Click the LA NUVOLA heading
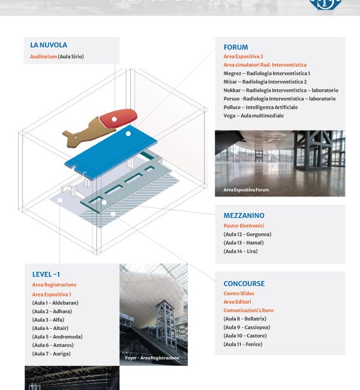(49, 45)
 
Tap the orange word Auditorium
(43, 56)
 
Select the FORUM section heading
(235, 47)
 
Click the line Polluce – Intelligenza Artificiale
(260, 107)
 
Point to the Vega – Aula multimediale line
(253, 116)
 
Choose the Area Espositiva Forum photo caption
(246, 190)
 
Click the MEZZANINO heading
(244, 215)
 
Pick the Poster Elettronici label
(244, 226)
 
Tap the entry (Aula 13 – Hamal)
(243, 243)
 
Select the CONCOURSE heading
(244, 283)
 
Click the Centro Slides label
(239, 294)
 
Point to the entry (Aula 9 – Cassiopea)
(247, 328)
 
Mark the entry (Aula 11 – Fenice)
(242, 344)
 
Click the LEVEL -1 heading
(46, 274)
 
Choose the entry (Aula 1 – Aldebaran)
(55, 303)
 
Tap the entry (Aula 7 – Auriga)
(51, 354)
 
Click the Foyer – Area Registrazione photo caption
(152, 358)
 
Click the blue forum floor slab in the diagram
(111, 152)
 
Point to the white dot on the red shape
(114, 119)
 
